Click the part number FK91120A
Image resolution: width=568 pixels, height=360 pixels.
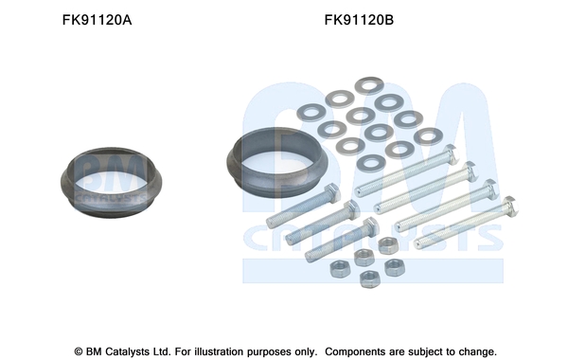[98, 20]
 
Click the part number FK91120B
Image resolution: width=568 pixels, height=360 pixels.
[359, 20]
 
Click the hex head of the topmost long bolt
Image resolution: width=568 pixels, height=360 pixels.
[451, 153]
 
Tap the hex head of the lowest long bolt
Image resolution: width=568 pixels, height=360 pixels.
[510, 207]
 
